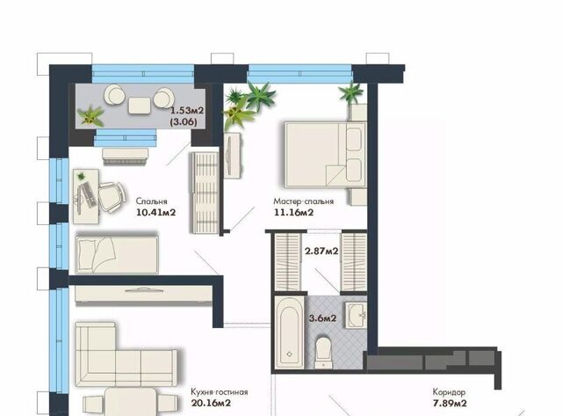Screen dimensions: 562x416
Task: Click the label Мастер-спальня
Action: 304,201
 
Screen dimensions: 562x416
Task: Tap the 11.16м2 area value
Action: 294,213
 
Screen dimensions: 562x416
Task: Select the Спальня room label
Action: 152,201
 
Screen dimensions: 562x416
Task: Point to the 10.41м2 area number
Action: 156,213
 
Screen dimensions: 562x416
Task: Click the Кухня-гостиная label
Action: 220,391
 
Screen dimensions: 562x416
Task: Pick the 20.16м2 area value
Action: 211,403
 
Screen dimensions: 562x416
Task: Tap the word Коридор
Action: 449,392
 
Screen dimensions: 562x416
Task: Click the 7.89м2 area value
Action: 450,404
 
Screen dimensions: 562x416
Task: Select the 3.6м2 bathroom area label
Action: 323,318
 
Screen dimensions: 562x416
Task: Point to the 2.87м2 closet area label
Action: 321,251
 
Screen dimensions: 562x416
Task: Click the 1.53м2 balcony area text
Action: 187,110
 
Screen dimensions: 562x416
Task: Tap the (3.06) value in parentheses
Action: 184,121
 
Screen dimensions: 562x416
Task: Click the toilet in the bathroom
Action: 324,352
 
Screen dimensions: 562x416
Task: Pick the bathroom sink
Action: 356,315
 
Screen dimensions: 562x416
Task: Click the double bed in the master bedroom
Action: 326,155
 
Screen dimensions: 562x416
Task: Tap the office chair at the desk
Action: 112,197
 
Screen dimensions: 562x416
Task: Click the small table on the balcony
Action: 139,106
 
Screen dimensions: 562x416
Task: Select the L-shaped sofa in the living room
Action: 126,354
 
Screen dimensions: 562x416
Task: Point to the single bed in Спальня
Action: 117,255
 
